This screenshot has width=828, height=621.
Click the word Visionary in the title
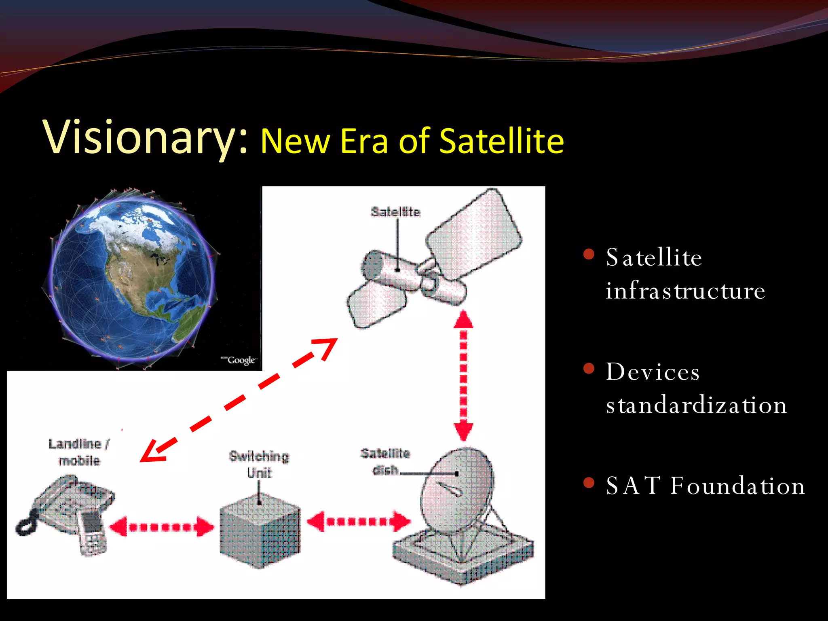coord(139,137)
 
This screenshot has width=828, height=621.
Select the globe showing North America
coord(131,279)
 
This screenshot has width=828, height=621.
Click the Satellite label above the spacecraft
coord(395,212)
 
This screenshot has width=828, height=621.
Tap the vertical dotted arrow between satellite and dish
coord(463,376)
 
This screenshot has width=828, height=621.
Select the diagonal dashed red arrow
coord(239,400)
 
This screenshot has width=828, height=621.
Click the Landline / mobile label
coord(79,452)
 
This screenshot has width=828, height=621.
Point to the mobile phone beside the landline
coord(92,532)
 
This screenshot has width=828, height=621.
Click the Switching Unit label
coord(259,464)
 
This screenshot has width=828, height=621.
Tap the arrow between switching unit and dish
coord(358,522)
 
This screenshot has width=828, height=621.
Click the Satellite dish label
coord(385,461)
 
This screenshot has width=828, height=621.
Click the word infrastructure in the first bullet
coord(685,291)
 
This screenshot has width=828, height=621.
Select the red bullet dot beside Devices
coord(589,368)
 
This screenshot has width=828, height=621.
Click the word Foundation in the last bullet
coord(737,486)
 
